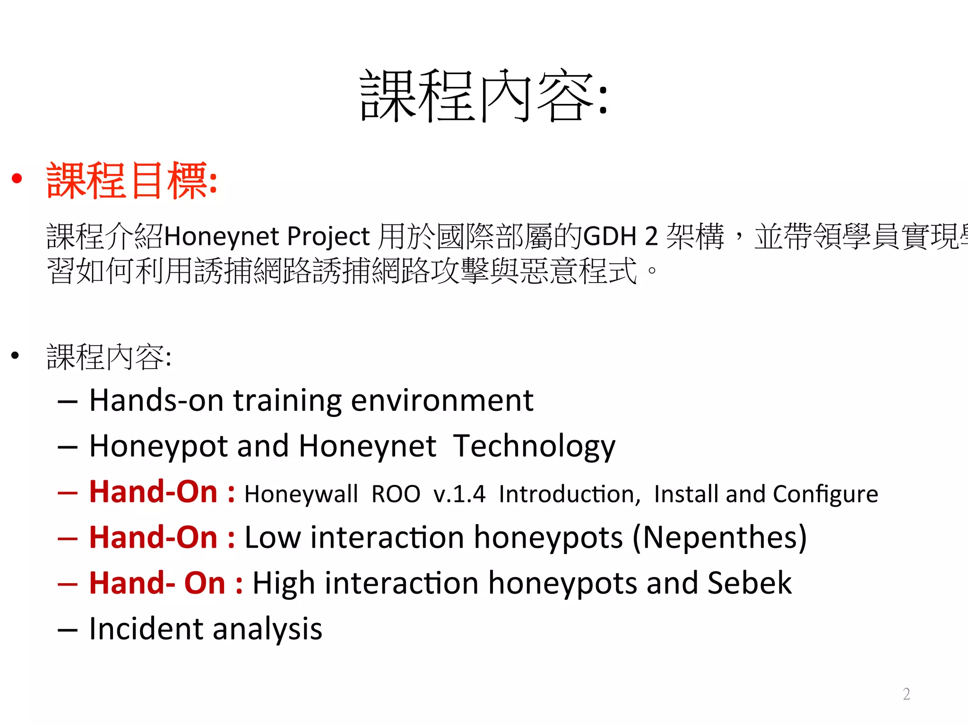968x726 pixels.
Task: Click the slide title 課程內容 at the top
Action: (x=483, y=96)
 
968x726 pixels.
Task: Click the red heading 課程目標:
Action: (x=132, y=181)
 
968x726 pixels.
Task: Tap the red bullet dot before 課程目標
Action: (x=17, y=178)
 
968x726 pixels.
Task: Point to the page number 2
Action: (x=906, y=694)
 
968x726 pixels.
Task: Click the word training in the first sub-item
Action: (x=287, y=401)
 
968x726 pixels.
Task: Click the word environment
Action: (x=442, y=401)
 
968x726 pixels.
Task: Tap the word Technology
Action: (x=534, y=447)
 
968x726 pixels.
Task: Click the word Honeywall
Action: (x=301, y=494)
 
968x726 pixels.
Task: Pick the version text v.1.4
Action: (x=459, y=494)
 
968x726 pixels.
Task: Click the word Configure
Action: (x=825, y=494)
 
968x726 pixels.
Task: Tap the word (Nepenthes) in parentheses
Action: (x=719, y=538)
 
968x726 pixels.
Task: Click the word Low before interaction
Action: (x=272, y=538)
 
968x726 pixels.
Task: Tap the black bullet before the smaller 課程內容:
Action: (x=16, y=355)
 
